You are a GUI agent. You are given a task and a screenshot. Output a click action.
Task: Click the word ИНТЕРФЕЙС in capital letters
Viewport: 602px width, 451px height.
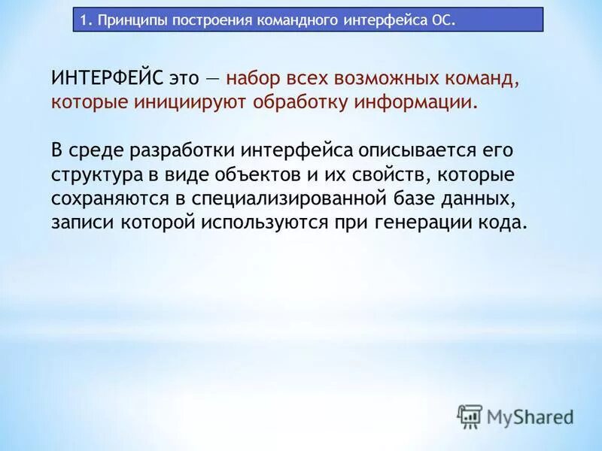pos(107,78)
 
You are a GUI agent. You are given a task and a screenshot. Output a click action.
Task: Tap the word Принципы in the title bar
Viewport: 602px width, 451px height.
pos(128,20)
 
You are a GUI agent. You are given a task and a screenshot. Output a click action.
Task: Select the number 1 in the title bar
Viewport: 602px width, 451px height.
pos(85,20)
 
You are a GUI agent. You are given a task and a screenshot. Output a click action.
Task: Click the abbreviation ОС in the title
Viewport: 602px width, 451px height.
pos(442,20)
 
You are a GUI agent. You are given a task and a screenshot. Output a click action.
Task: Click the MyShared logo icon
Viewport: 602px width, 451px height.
pos(470,416)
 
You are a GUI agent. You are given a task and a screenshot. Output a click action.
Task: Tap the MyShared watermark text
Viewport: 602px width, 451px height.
pos(531,416)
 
